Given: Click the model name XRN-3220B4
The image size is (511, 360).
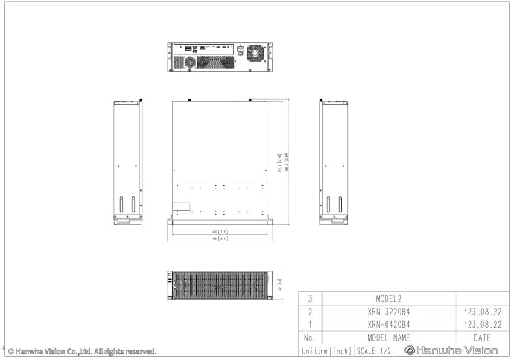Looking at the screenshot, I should tap(388, 311).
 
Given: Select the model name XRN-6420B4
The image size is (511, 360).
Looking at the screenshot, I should tap(388, 324).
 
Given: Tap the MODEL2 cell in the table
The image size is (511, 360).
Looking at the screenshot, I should tap(388, 298).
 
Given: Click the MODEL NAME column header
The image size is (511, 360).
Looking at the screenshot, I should tap(388, 337).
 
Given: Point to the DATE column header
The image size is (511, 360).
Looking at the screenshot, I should tap(481, 337).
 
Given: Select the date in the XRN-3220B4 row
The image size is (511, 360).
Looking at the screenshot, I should tap(481, 311).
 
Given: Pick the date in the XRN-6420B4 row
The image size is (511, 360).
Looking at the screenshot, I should tap(481, 324).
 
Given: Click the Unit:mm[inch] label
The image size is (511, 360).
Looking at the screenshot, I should tap(326, 350).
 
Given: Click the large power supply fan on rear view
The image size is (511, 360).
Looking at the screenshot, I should tap(256, 53).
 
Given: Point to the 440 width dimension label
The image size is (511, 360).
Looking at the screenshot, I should tap(219, 232).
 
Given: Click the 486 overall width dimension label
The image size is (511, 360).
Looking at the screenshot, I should tap(219, 239).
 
